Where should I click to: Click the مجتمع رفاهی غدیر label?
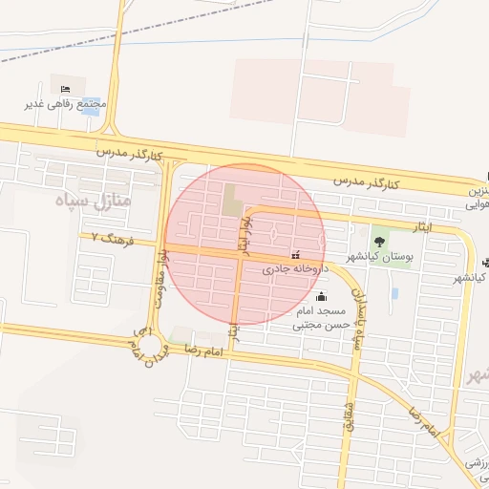pos(75,103)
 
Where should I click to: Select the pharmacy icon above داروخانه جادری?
pos(295,256)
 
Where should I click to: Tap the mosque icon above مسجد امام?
pos(319,296)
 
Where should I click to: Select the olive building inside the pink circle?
pos(232,202)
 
